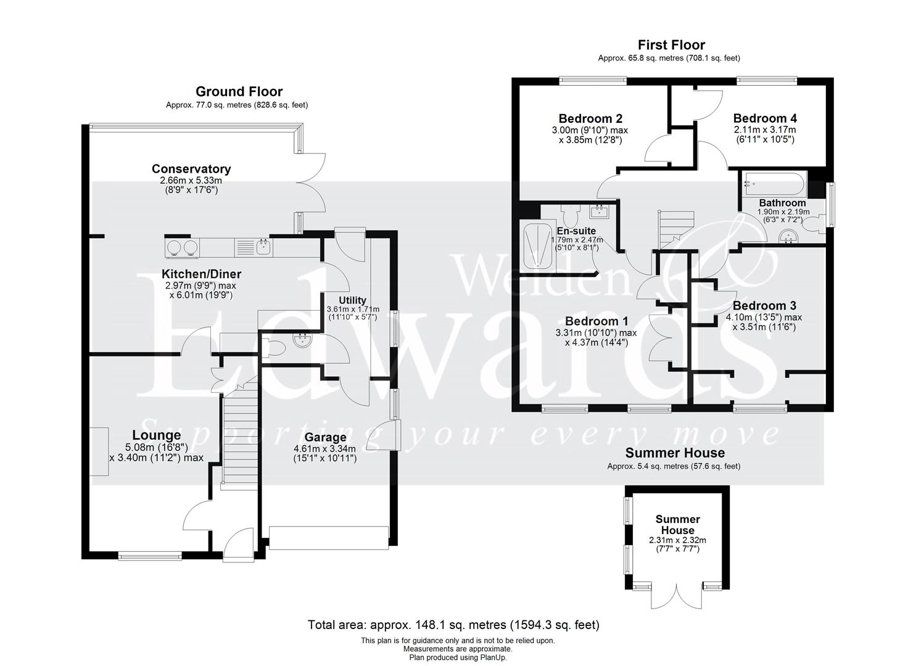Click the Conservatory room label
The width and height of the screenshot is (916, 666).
click(191, 169)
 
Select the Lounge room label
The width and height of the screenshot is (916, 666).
click(156, 436)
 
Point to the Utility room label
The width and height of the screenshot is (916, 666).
click(352, 300)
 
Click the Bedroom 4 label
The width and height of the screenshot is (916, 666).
click(764, 118)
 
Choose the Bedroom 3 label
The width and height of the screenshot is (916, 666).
click(764, 306)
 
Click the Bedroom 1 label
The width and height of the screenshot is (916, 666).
click(596, 321)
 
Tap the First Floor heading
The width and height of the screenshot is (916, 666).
click(671, 45)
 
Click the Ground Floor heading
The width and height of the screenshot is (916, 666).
click(239, 92)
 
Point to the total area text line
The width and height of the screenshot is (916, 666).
click(453, 625)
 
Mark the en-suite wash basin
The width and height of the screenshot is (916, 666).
click(598, 212)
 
